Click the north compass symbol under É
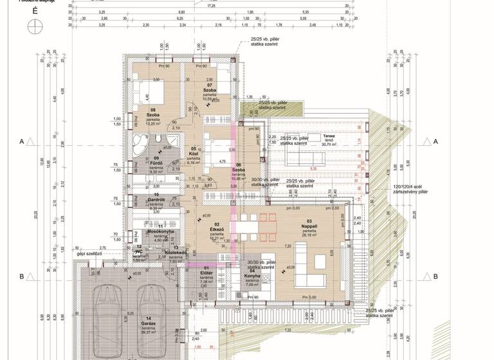(x=33, y=26)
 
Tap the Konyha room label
(x=252, y=276)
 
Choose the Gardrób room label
(x=156, y=200)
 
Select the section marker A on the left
(x=22, y=140)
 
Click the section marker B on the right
(x=435, y=276)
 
